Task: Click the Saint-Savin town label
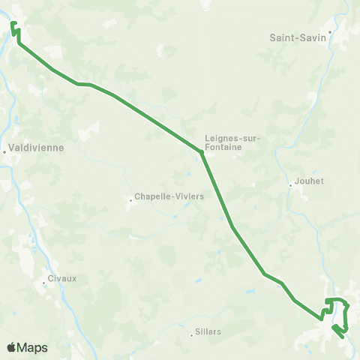pos(298,36)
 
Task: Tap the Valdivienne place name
pos(36,148)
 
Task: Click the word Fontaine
pos(223,148)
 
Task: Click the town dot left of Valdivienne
pos(4,151)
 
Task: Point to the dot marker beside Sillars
pos(191,335)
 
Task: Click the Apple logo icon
pos(11,346)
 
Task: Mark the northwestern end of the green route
pos(13,24)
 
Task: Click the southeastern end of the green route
pos(343,337)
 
